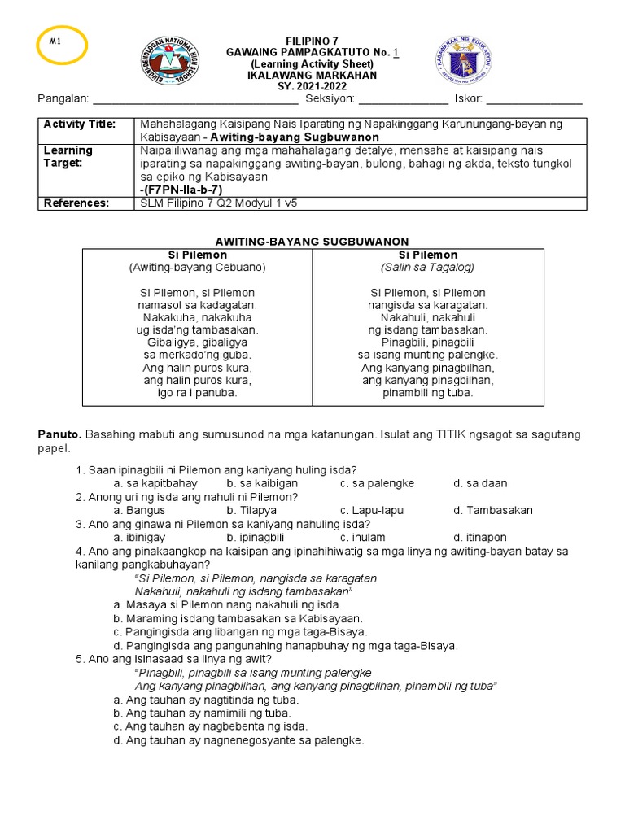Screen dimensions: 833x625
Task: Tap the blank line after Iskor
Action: click(x=534, y=101)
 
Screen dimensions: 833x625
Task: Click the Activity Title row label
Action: click(x=80, y=124)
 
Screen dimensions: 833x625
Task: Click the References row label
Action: click(x=76, y=203)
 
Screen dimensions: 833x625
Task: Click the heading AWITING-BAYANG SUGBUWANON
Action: click(x=312, y=242)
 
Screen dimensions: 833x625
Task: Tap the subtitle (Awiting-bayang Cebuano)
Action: click(x=198, y=267)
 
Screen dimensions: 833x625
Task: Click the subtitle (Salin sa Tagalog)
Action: click(x=427, y=267)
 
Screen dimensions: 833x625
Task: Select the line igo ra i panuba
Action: click(x=198, y=392)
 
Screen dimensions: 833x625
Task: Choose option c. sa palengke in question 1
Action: click(x=377, y=483)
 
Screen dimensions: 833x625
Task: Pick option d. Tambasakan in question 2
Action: click(x=493, y=510)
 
